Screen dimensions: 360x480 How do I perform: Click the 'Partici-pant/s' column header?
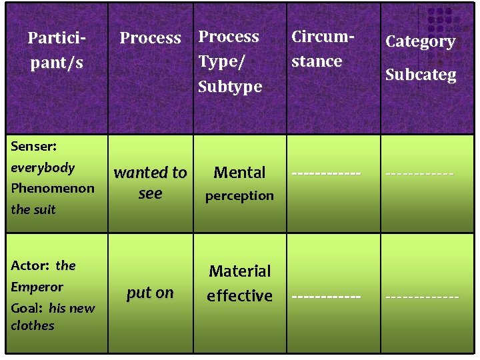point(56,50)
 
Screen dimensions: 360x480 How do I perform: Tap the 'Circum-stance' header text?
point(322,49)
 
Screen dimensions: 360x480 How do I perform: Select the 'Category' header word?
point(420,41)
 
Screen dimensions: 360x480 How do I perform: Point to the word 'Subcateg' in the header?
point(420,75)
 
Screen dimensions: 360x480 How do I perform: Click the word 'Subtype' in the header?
point(230,86)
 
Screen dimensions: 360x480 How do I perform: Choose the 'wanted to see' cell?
point(150,183)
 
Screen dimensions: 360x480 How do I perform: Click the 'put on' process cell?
point(150,292)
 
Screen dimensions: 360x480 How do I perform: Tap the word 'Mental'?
point(239,173)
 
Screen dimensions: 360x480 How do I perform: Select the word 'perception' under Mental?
point(239,196)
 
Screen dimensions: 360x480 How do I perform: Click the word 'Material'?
point(239,271)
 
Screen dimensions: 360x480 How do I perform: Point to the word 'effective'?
point(239,295)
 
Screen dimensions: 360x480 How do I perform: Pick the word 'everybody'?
point(43,167)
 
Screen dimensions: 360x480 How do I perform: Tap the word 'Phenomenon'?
point(53,188)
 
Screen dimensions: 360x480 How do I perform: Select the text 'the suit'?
point(33,209)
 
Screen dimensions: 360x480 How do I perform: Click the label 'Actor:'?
point(30,265)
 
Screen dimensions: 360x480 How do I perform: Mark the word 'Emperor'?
point(37,287)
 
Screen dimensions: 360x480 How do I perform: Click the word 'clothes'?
point(33,325)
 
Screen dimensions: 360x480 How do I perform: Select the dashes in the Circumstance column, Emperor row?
point(326,295)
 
